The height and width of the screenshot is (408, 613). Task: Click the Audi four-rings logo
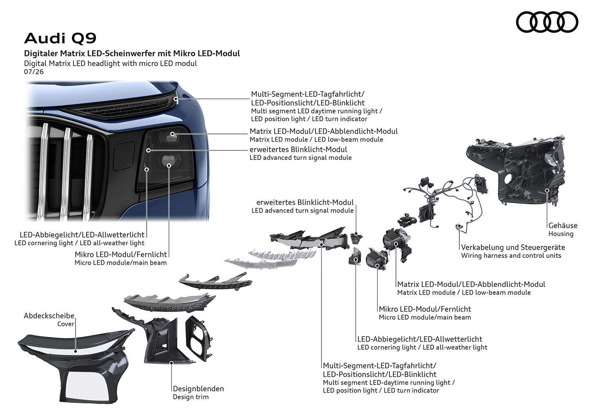coord(547,22)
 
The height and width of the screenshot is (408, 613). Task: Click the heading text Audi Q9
coord(60,38)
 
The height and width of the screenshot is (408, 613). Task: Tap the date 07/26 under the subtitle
coord(34,72)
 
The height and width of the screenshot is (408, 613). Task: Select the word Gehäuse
coord(563,226)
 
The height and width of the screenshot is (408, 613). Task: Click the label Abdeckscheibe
coord(49,316)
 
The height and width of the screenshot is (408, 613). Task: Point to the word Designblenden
coord(198,389)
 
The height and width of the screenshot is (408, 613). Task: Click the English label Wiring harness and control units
coord(511,256)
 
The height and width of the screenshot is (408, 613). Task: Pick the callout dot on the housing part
coord(547,190)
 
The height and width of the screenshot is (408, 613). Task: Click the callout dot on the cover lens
coord(75,351)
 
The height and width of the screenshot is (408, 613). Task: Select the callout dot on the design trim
coord(172,363)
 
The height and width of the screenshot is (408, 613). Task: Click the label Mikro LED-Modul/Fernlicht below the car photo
coord(121,255)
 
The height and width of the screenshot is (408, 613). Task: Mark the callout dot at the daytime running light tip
coord(175,99)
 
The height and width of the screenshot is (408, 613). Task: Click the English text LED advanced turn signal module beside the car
coord(300,158)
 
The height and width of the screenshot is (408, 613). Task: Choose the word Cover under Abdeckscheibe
coord(66,324)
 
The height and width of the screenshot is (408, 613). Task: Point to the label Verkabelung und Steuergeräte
coord(513,248)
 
